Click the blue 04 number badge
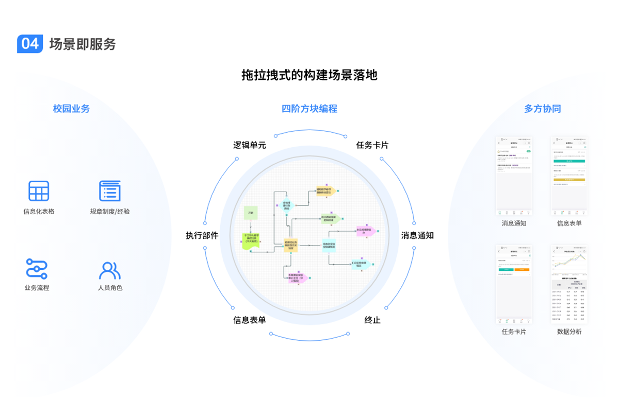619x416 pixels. click(30, 44)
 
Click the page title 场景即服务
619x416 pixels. click(83, 44)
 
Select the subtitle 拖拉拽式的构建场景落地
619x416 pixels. click(309, 75)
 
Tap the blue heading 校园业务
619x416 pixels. click(71, 109)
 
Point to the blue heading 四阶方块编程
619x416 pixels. click(309, 109)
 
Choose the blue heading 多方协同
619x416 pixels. click(542, 109)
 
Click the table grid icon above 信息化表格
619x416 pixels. click(39, 191)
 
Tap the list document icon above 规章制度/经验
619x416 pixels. click(110, 191)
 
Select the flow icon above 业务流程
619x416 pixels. click(37, 269)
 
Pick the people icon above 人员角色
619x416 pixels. click(110, 270)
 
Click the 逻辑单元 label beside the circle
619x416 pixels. click(250, 146)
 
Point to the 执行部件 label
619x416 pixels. click(202, 236)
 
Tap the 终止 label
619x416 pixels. click(372, 320)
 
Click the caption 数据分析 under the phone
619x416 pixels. click(569, 332)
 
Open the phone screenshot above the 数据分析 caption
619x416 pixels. click(569, 284)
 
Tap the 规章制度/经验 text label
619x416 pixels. click(110, 212)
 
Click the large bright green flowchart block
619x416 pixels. click(252, 241)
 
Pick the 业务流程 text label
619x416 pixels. click(37, 288)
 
